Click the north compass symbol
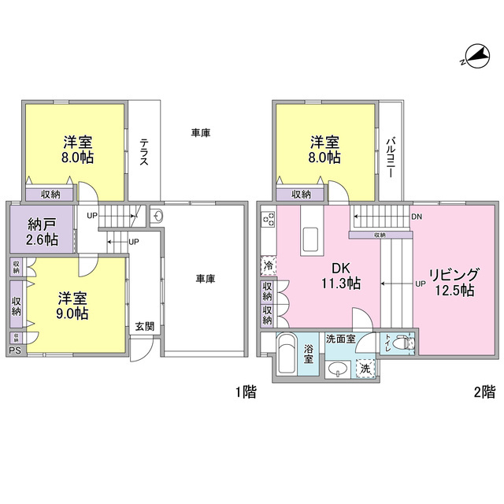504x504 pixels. [x=476, y=57]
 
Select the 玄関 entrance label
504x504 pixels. [x=145, y=327]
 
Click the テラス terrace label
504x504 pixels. [x=144, y=152]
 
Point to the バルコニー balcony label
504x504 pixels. [x=391, y=157]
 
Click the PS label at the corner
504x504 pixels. [x=15, y=350]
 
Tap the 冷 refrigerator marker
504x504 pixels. [x=269, y=266]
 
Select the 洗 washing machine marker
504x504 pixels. [x=365, y=369]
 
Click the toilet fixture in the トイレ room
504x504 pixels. [x=405, y=343]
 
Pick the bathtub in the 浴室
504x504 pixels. [x=286, y=354]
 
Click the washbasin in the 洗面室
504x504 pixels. [x=338, y=369]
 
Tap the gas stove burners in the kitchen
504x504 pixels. [x=269, y=220]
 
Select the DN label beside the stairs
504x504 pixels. [x=417, y=217]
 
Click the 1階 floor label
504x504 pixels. [x=246, y=392]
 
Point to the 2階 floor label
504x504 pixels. [x=485, y=392]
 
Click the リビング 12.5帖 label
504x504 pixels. [x=454, y=282]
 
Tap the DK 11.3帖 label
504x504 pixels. [x=341, y=276]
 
